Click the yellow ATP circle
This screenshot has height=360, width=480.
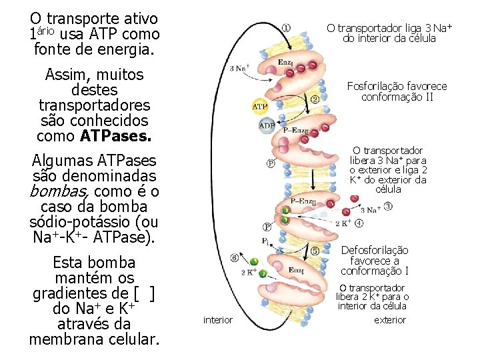click(259, 107)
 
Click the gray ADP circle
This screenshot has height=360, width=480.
click(267, 126)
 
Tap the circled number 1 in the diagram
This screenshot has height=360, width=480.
click(286, 28)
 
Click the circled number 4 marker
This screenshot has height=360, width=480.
click(359, 223)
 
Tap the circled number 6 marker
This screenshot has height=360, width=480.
click(234, 258)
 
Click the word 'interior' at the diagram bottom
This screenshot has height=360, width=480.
click(218, 320)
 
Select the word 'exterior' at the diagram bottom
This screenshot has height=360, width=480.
click(390, 320)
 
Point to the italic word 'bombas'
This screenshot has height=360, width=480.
click(55, 192)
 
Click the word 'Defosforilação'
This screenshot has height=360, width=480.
click(374, 250)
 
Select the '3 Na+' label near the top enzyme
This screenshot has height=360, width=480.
click(239, 68)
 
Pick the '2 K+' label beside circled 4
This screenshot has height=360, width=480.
click(343, 223)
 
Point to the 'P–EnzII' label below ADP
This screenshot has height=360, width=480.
click(295, 130)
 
